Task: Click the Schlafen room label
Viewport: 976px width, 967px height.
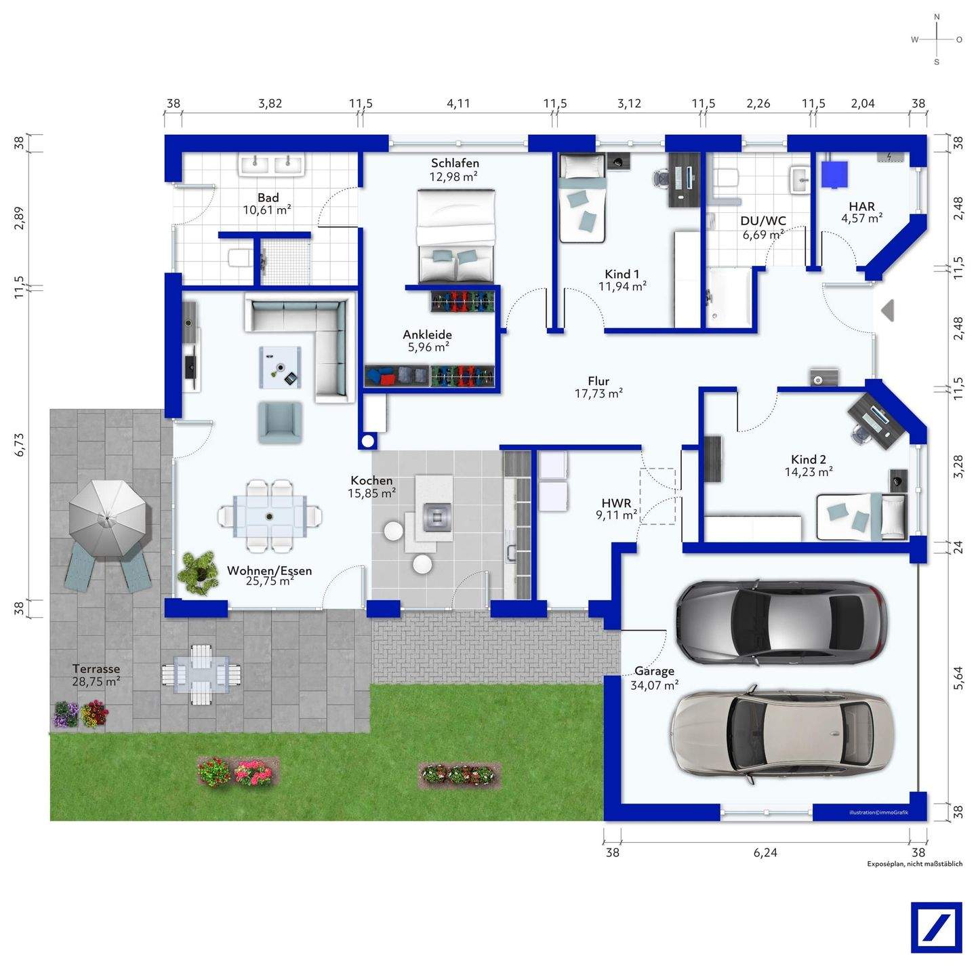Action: pyautogui.click(x=454, y=163)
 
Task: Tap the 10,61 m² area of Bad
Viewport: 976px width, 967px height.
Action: pyautogui.click(x=267, y=210)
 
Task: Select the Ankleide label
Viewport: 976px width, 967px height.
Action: pyautogui.click(x=427, y=334)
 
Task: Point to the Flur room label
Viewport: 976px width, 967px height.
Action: pyautogui.click(x=598, y=381)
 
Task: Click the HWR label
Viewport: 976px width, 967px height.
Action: pyautogui.click(x=616, y=503)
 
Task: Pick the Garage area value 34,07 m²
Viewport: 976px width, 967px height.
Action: pyautogui.click(x=654, y=686)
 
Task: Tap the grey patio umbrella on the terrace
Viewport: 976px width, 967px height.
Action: pyautogui.click(x=110, y=518)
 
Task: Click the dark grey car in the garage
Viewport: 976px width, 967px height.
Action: pyautogui.click(x=781, y=623)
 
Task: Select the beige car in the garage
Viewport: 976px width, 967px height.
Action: pyautogui.click(x=779, y=733)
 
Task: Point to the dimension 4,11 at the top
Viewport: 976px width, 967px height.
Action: pyautogui.click(x=458, y=103)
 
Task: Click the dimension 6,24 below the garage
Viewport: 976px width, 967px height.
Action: pyautogui.click(x=765, y=852)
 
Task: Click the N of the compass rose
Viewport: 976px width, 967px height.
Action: pyautogui.click(x=937, y=17)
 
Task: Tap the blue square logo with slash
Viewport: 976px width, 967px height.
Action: pyautogui.click(x=936, y=927)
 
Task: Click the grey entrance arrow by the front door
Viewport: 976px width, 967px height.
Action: pyautogui.click(x=888, y=310)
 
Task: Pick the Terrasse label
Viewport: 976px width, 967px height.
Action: pyautogui.click(x=96, y=669)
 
